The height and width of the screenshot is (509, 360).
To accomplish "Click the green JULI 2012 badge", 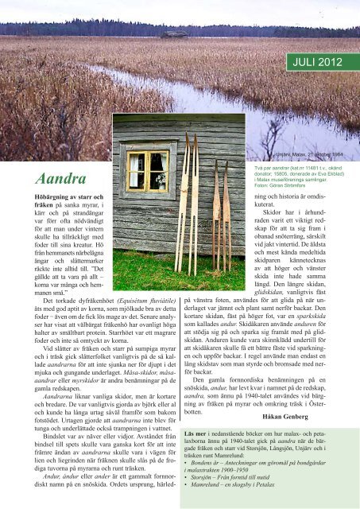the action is pyautogui.click(x=319, y=60).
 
